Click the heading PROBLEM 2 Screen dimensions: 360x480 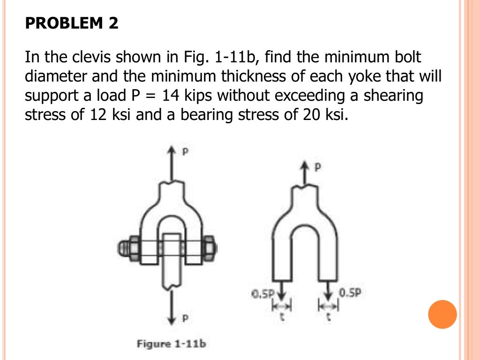[72, 23]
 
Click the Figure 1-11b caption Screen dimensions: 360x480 [171, 344]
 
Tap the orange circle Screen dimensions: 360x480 [442, 314]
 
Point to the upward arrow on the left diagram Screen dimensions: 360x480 [173, 164]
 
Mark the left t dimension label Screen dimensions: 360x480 [282, 317]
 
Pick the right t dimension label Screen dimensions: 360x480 [328, 317]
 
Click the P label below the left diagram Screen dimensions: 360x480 [185, 319]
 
